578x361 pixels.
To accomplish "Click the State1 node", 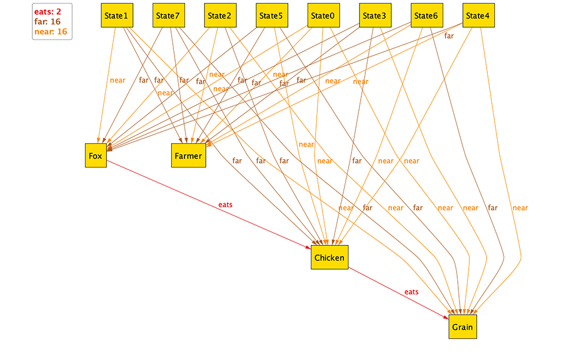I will [117, 16].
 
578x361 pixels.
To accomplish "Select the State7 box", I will [169, 16].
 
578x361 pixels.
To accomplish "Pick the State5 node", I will [272, 16].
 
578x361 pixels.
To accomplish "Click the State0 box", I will [323, 16].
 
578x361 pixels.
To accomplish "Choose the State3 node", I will [375, 16].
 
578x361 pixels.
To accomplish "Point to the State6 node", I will [426, 16].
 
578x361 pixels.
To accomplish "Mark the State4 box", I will [477, 16].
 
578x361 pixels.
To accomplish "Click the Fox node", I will [95, 156].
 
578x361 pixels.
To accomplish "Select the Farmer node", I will [188, 156].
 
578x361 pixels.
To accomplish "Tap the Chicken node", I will [329, 258].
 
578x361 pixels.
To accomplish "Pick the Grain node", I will [462, 327].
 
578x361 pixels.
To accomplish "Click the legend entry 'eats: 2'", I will [48, 12].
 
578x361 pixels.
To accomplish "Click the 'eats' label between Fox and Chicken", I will [225, 204].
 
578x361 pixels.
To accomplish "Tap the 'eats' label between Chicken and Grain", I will [411, 292].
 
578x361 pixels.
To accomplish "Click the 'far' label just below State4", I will [449, 36].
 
